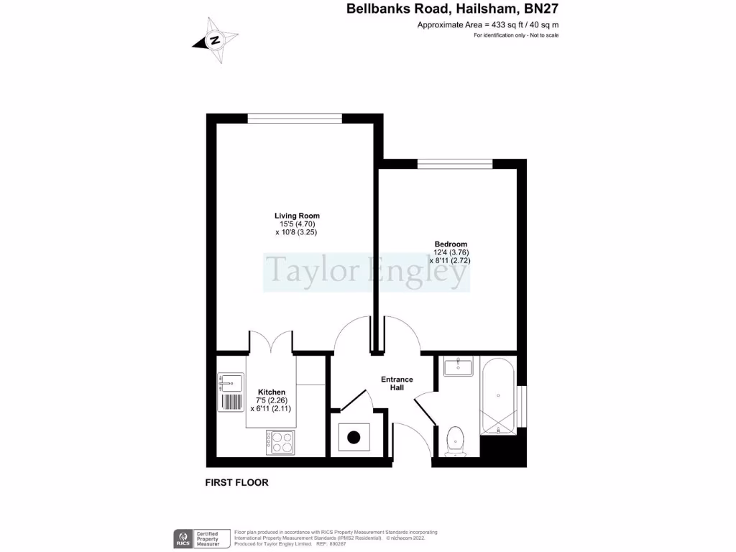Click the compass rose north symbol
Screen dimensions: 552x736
pyautogui.click(x=214, y=41)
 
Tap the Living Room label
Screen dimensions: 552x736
pyautogui.click(x=297, y=216)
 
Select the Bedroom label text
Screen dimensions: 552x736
pyautogui.click(x=451, y=244)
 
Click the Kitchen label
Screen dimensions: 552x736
pyautogui.click(x=272, y=392)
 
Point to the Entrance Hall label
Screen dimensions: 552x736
pyautogui.click(x=397, y=383)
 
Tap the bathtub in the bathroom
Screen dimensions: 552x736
pyautogui.click(x=498, y=397)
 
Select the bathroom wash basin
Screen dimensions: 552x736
pyautogui.click(x=458, y=367)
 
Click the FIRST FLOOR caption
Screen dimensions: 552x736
pyautogui.click(x=236, y=482)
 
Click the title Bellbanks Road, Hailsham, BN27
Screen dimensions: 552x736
pyautogui.click(x=452, y=9)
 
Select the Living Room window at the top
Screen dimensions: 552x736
pyautogui.click(x=295, y=119)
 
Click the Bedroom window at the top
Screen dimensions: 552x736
pyautogui.click(x=456, y=165)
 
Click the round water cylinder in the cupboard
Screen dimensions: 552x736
pyautogui.click(x=354, y=437)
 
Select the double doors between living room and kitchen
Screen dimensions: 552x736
pyautogui.click(x=271, y=343)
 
